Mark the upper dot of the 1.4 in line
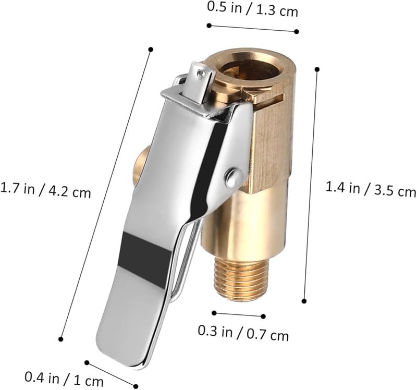point(317,68)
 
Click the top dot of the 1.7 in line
point(151,50)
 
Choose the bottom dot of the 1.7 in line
point(61,339)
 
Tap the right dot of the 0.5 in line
point(297,31)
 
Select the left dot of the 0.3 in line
point(214,312)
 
